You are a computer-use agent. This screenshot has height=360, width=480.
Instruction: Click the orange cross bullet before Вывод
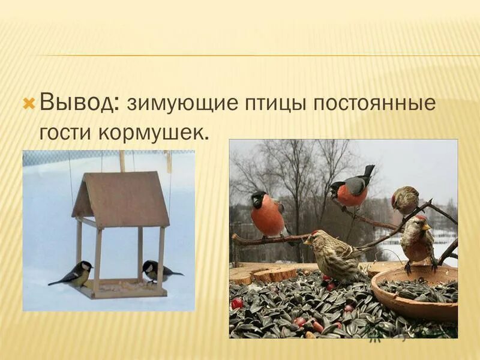tap(29, 104)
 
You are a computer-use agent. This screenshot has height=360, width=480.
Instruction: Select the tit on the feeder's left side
tap(76, 274)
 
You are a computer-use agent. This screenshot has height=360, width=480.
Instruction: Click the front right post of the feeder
tap(160, 258)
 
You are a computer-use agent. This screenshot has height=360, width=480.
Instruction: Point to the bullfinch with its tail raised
tap(353, 189)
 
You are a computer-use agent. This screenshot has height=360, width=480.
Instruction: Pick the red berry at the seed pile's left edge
tap(238, 303)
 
